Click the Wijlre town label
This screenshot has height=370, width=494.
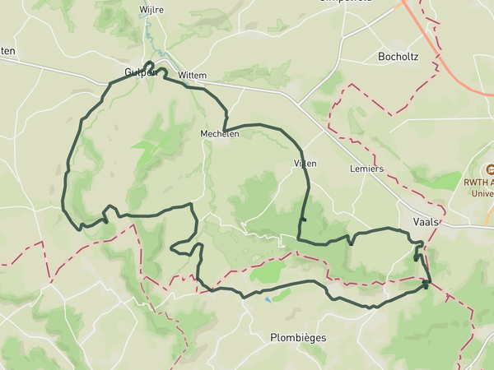click(152, 10)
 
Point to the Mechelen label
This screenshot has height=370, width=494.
click(219, 133)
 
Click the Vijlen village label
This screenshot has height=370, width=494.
click(305, 164)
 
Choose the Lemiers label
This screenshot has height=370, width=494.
click(367, 168)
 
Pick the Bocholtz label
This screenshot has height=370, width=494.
click(398, 57)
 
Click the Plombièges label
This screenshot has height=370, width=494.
click(298, 337)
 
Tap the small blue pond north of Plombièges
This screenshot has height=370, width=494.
click(266, 300)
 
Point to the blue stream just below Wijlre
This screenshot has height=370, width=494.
click(149, 33)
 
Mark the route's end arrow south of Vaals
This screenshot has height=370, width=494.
click(426, 284)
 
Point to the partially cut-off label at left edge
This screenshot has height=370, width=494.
click(7, 51)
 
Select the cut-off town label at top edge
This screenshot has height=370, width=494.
click(346, 2)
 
